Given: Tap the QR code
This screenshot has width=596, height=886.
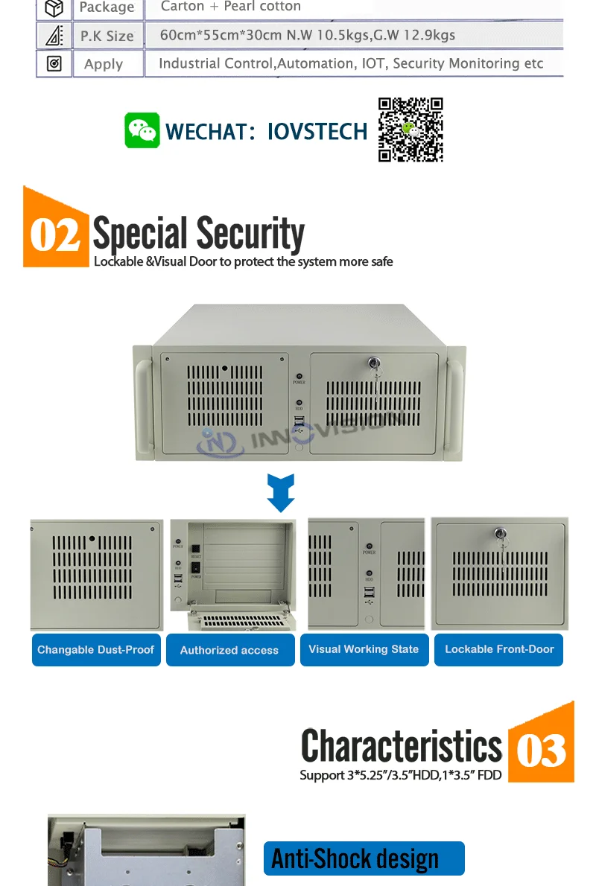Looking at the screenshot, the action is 410,130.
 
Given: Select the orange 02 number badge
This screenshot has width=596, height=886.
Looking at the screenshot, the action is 55,232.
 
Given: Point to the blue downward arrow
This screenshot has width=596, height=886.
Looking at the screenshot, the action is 281,493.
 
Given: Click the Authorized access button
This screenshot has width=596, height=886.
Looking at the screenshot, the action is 229,650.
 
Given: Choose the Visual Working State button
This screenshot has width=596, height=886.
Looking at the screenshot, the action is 364,649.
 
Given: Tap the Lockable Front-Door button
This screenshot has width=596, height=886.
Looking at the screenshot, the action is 499,649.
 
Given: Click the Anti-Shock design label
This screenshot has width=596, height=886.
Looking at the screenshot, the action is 364,858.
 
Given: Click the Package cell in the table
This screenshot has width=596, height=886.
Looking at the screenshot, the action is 107,7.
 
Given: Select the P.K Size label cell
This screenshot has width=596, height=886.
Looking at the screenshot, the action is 107,36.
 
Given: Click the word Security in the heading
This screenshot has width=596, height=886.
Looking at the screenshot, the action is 250,234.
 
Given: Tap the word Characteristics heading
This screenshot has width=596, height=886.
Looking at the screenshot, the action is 402,745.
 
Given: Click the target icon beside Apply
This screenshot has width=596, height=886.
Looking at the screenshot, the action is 54,64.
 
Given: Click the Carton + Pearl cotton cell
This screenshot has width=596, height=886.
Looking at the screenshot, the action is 231,7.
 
